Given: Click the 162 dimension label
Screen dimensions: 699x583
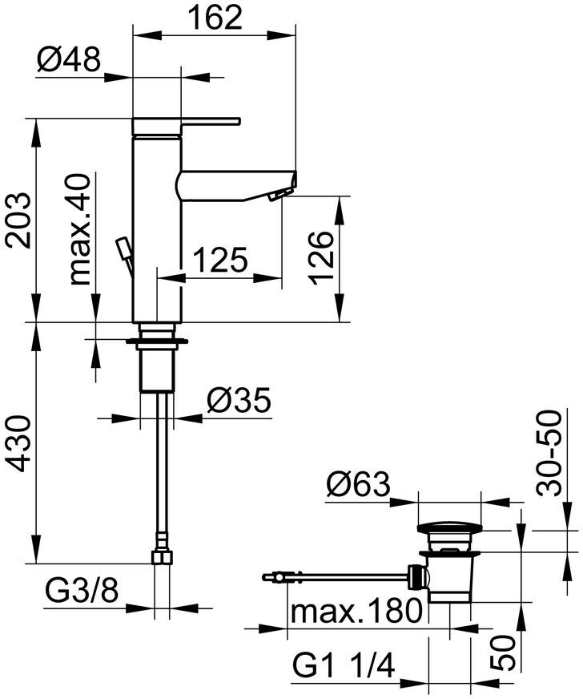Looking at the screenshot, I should coord(215,17).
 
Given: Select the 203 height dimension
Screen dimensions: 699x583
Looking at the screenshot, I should coord(18,220).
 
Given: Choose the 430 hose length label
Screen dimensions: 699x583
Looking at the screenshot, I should coord(18,443).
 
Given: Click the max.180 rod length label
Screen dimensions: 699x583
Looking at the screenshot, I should coord(356,612).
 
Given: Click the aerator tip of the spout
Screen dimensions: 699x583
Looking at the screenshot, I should coord(279,194).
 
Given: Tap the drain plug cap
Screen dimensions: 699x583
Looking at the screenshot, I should coord(451,529).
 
